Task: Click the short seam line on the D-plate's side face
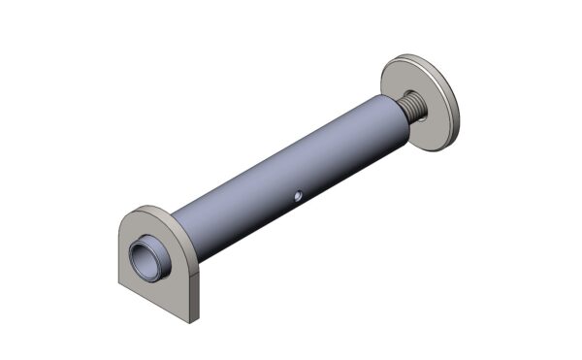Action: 195,276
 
